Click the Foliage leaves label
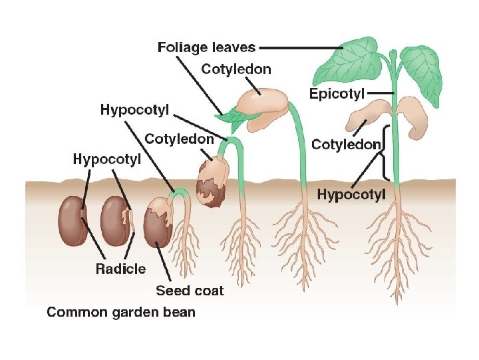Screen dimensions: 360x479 [206, 47]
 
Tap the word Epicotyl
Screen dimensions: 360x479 [337, 94]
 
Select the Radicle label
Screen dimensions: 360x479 [120, 269]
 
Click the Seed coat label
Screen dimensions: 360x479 [190, 290]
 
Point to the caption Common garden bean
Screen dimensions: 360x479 [120, 311]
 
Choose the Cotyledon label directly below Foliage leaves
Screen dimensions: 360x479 [236, 69]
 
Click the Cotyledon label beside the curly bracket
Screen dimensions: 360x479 [346, 144]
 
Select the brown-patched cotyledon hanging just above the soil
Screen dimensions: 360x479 [213, 177]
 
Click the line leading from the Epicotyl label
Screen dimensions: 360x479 [381, 93]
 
